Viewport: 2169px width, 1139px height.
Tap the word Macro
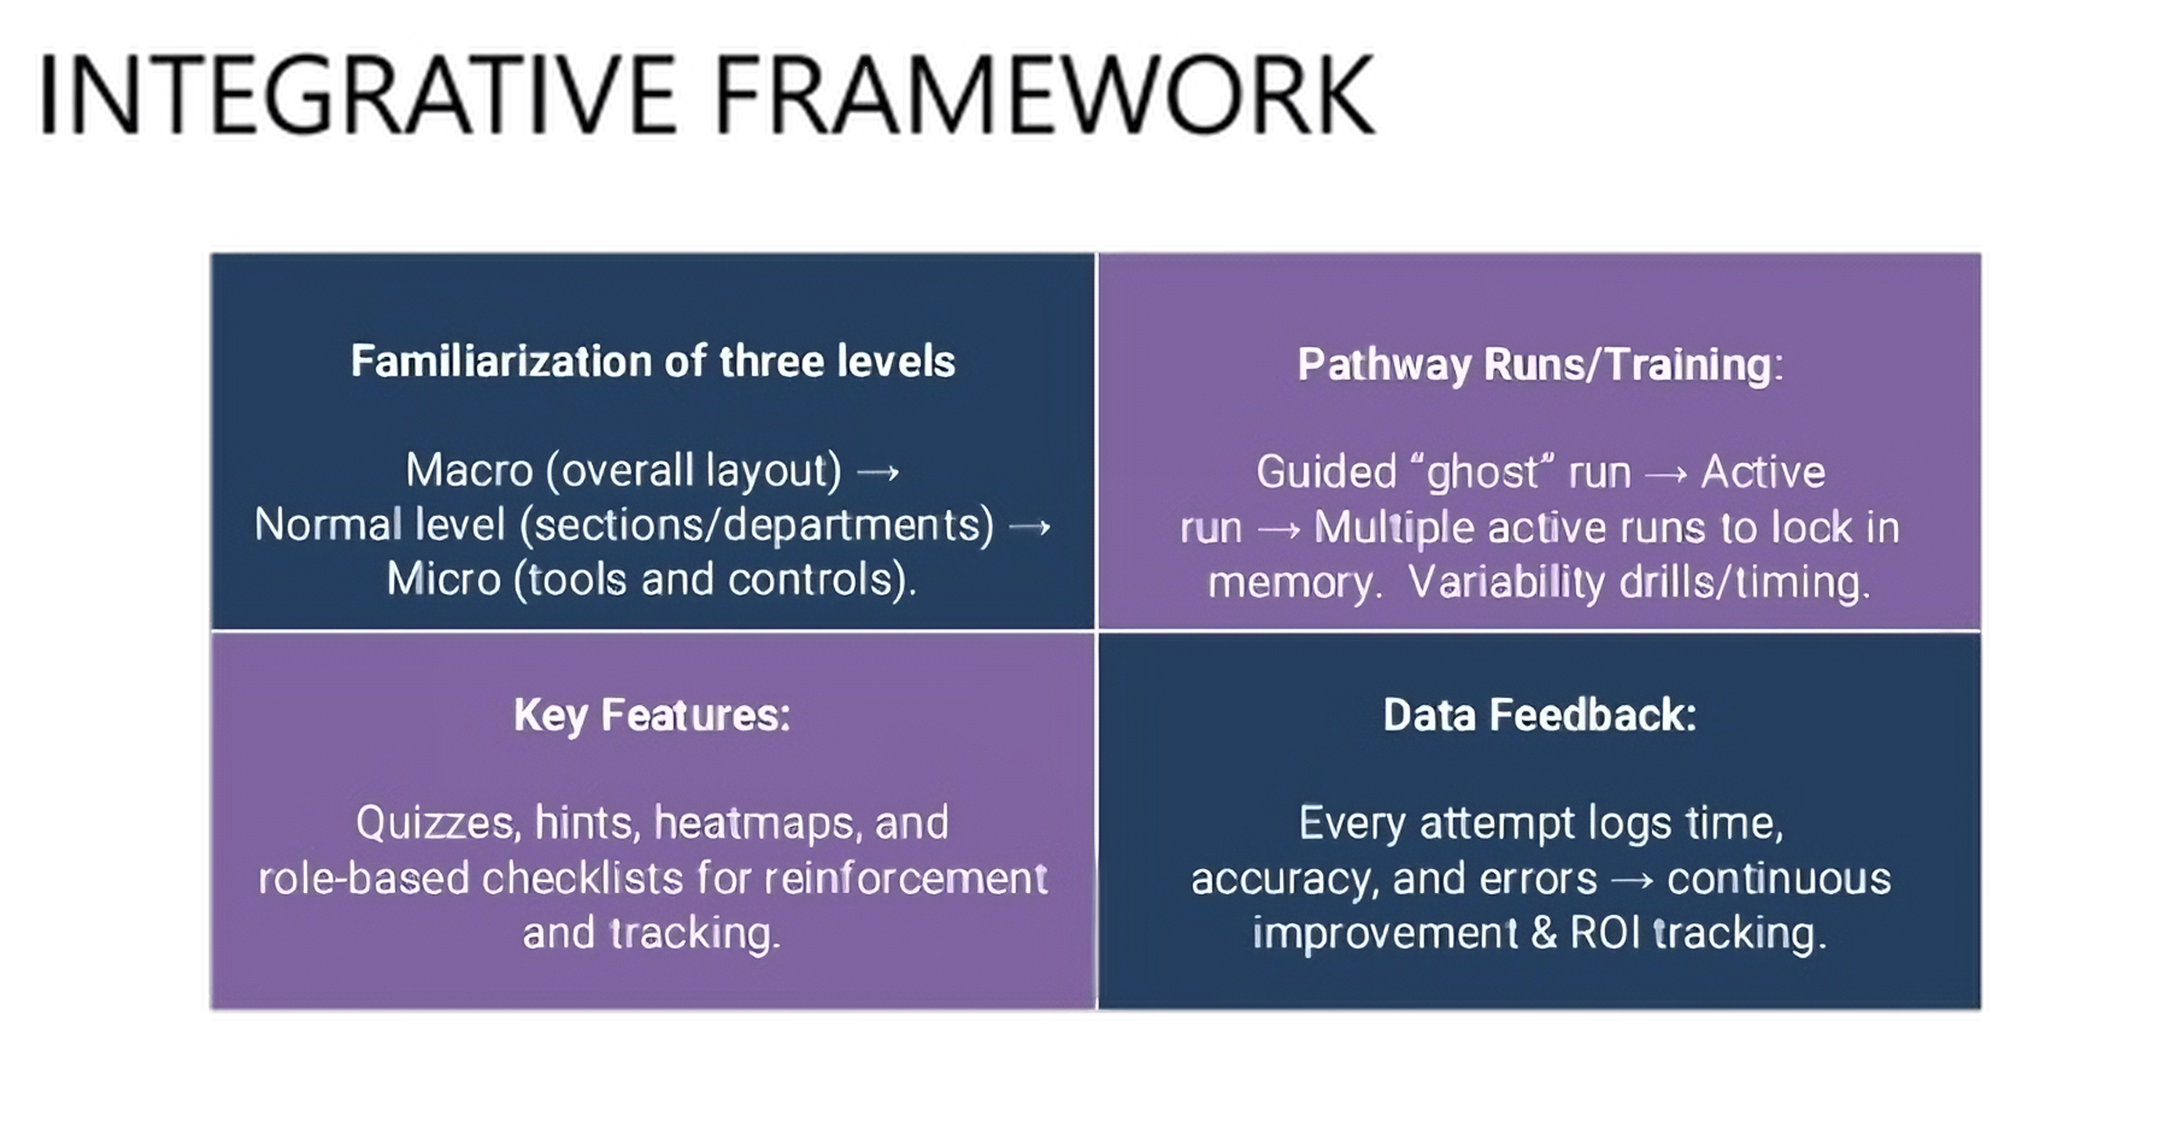(469, 471)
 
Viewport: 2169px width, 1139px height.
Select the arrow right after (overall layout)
(878, 473)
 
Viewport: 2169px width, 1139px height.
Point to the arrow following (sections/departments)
(1029, 527)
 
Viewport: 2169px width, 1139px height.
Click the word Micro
(444, 579)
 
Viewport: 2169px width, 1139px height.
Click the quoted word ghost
(1483, 473)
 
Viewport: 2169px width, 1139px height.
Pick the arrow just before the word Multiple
(1278, 529)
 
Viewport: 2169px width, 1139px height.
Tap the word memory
(1293, 583)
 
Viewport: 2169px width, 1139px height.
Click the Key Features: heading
(652, 715)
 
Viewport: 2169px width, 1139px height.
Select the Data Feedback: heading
(1540, 715)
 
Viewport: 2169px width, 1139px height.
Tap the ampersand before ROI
(1545, 934)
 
